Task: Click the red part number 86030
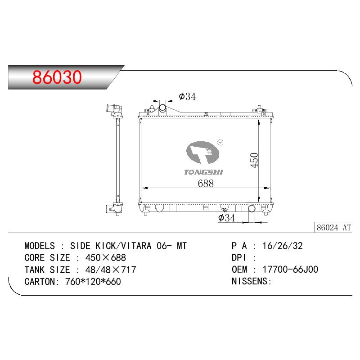pyautogui.click(x=57, y=77)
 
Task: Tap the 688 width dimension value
pyautogui.click(x=206, y=183)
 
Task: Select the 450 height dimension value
pyautogui.click(x=254, y=160)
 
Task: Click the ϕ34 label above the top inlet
pyautogui.click(x=187, y=96)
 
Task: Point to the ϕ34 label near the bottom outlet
pyautogui.click(x=227, y=218)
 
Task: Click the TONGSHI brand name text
pyautogui.click(x=204, y=172)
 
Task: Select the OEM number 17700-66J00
pyautogui.click(x=290, y=269)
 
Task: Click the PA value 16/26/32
pyautogui.click(x=283, y=246)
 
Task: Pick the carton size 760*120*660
pyautogui.click(x=93, y=282)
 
